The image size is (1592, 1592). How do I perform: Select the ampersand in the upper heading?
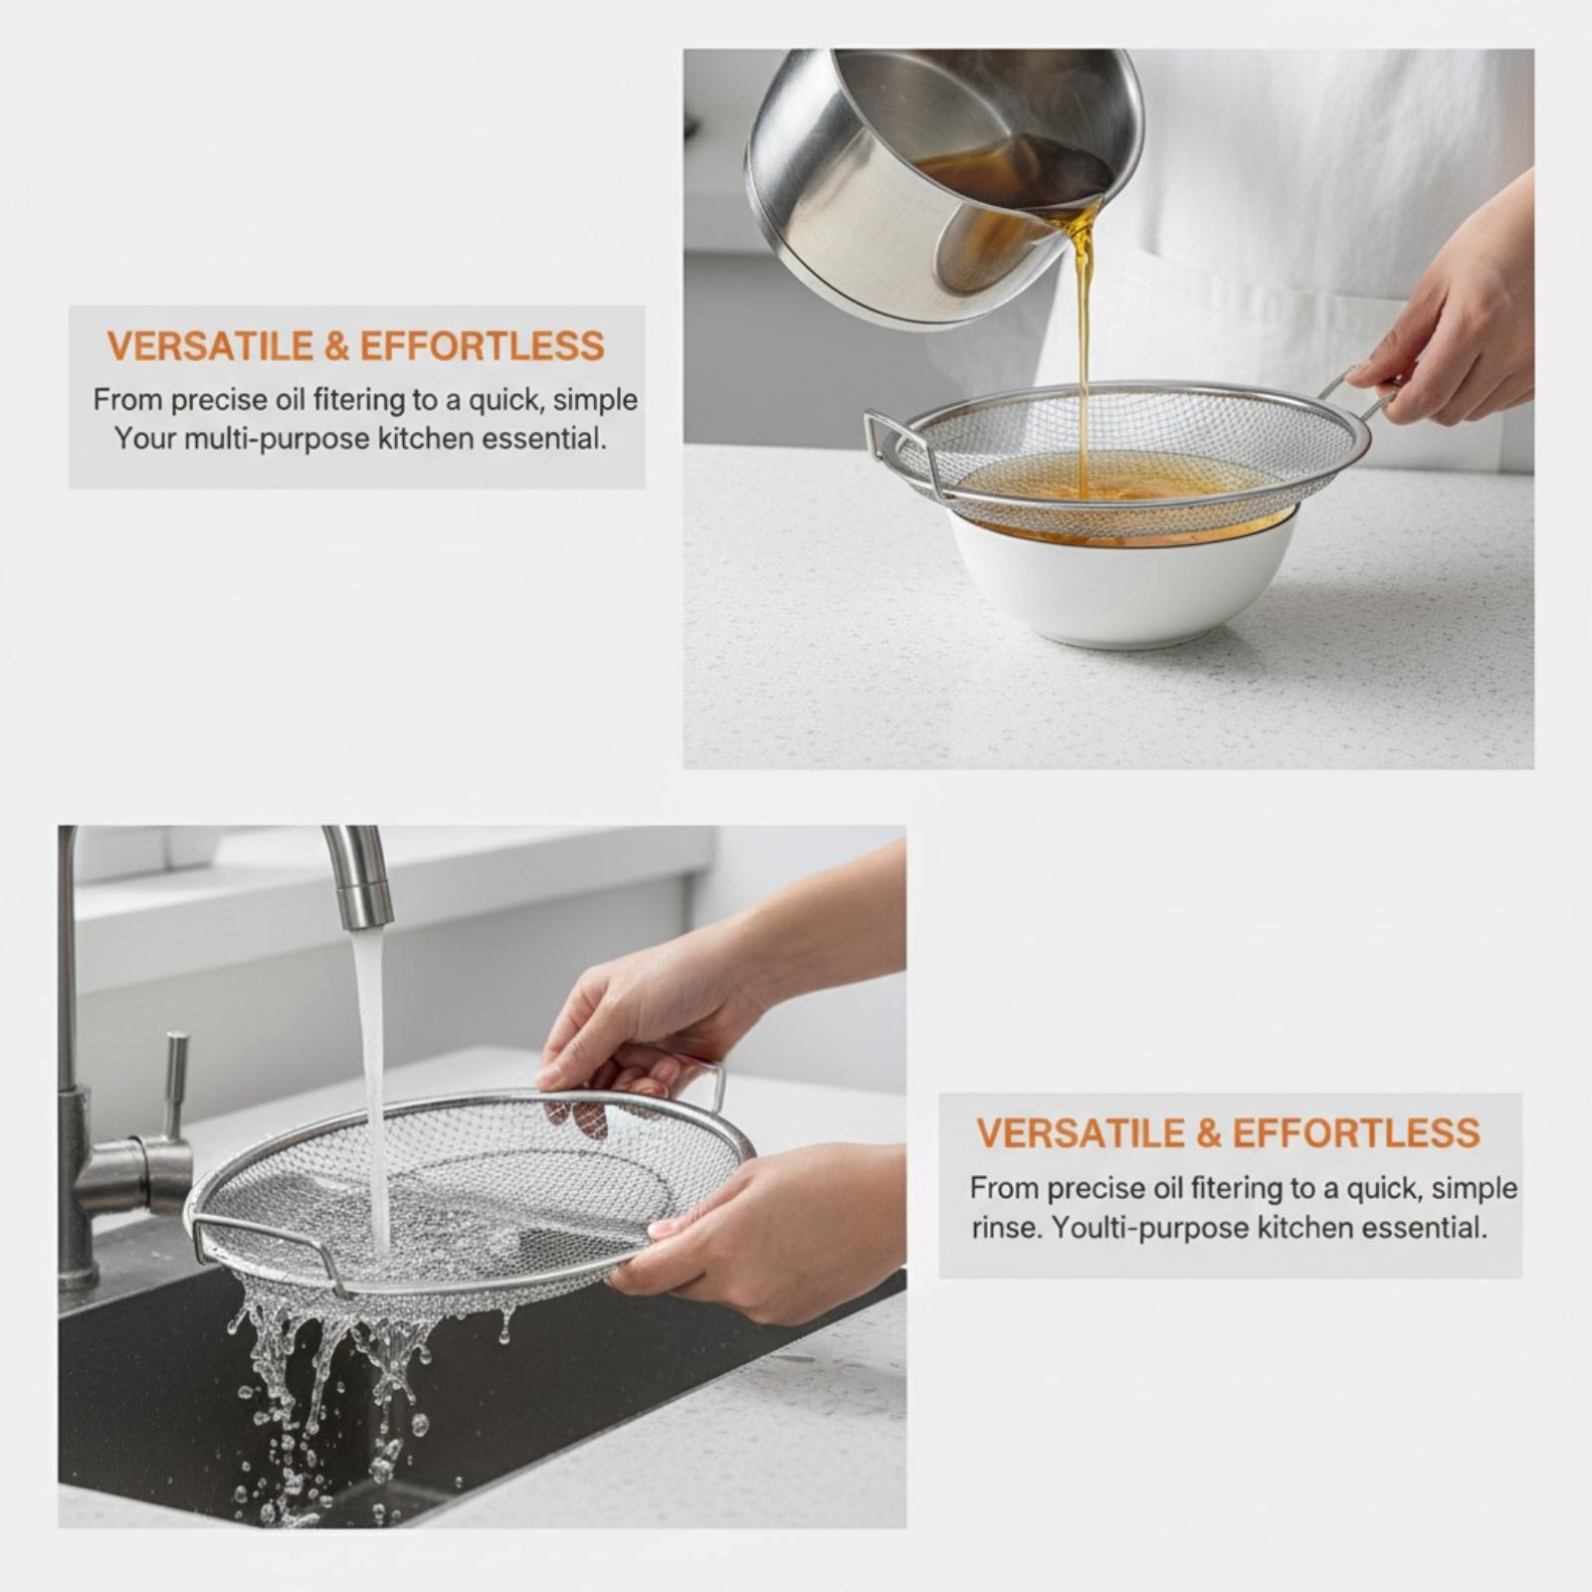[x=337, y=346]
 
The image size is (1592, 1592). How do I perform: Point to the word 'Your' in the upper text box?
[x=145, y=438]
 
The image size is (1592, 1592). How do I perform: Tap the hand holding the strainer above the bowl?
[x=1453, y=308]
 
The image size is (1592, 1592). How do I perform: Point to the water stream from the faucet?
[x=372, y=1085]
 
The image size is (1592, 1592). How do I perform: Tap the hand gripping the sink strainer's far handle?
[x=637, y=1025]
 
